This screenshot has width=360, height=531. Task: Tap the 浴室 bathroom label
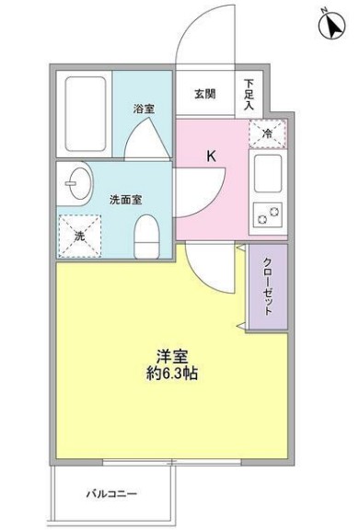(x=143, y=108)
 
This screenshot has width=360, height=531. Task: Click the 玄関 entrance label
(x=205, y=93)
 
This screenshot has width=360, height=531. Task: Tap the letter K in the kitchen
(x=210, y=156)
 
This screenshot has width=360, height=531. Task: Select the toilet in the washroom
(x=146, y=238)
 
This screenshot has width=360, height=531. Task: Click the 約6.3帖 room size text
(x=172, y=375)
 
